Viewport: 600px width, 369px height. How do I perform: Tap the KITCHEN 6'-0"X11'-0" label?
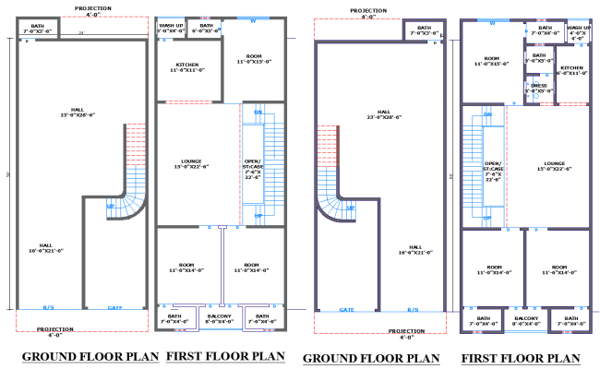(x=571, y=69)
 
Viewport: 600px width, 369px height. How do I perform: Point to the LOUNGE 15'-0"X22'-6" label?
(x=555, y=166)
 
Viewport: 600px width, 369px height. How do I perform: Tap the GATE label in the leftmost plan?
(x=114, y=308)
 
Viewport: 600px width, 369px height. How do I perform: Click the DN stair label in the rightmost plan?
(x=486, y=113)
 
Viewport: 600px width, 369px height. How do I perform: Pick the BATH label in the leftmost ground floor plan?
(x=37, y=28)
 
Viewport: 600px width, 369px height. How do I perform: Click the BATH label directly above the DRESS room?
(x=539, y=58)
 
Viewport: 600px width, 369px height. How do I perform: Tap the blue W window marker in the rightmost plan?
(x=493, y=22)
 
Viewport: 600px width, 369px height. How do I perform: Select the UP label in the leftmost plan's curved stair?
(x=110, y=205)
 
